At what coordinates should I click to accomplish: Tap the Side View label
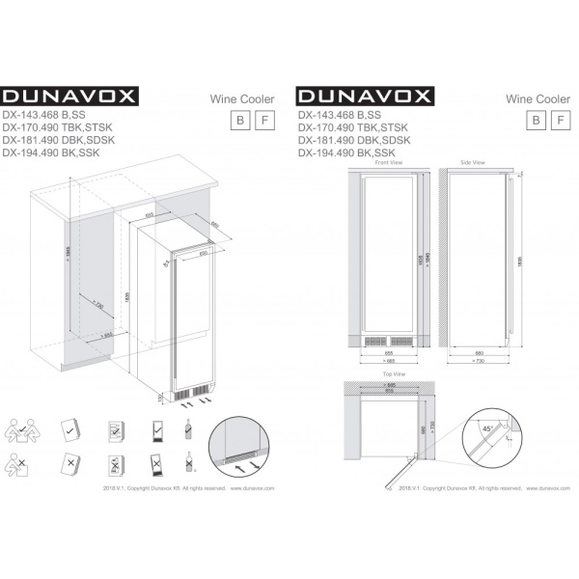click(x=473, y=163)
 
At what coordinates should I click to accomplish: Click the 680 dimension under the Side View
click(x=479, y=352)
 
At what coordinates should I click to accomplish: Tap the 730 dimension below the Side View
click(x=479, y=363)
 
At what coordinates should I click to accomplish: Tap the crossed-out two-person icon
click(x=23, y=467)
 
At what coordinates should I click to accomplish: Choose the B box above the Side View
click(x=532, y=120)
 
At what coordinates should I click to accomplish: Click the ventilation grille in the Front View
click(x=384, y=340)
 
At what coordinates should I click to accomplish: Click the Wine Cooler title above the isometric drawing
click(x=242, y=98)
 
